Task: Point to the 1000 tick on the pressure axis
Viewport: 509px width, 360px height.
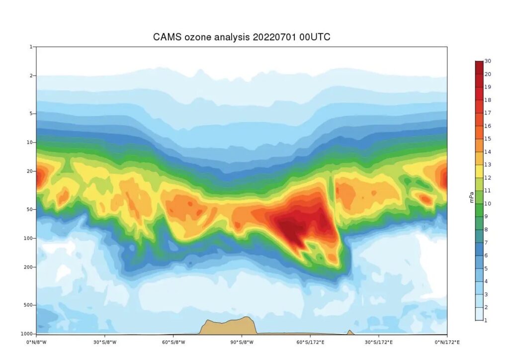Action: click(28, 334)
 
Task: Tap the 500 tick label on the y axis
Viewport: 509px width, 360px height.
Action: click(29, 305)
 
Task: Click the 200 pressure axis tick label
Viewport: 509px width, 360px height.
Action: click(29, 267)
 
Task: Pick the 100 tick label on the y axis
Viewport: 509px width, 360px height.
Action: click(29, 238)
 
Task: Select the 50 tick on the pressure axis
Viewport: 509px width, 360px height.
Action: click(30, 209)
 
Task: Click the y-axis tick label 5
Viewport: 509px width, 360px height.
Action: click(31, 113)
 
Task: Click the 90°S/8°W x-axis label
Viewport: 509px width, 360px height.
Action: click(242, 342)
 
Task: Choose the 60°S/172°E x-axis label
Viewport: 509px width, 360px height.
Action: click(311, 342)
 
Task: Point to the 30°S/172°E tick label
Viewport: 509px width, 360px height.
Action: click(379, 342)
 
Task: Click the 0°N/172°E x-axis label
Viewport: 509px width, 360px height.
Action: click(447, 342)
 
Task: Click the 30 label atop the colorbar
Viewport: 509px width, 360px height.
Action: click(488, 61)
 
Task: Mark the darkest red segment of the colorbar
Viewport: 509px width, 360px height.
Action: click(479, 68)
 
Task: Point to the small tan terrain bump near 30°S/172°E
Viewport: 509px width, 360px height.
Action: click(350, 332)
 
